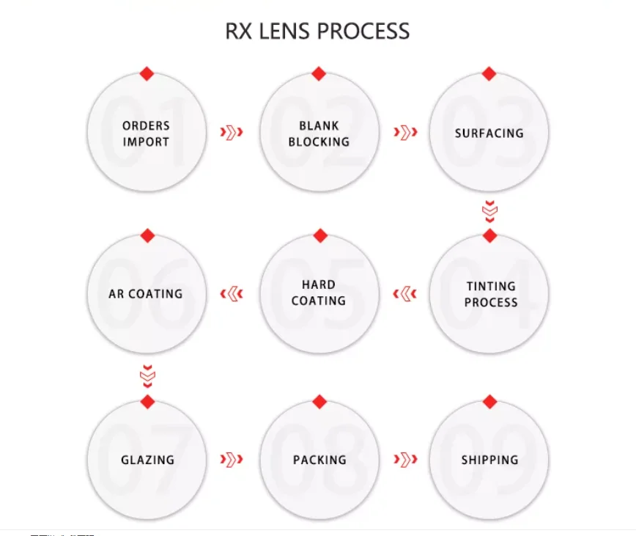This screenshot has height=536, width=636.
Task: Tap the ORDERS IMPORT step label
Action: coord(146,133)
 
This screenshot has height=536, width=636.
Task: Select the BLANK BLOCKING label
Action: coord(319,133)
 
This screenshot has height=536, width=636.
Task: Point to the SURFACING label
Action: coord(489,133)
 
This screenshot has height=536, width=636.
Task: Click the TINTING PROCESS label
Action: coord(491,294)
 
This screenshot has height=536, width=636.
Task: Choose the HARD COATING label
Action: coord(319,293)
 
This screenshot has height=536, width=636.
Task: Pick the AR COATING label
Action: coord(146,294)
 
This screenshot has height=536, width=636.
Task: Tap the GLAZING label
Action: coord(147,460)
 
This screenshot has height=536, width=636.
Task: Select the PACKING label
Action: coord(319,460)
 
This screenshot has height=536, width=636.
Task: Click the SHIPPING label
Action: coord(489,460)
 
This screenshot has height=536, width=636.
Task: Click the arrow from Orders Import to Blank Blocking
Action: coord(232,133)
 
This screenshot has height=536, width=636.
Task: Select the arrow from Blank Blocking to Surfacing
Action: coord(405,133)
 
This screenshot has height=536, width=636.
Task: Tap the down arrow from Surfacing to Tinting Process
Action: coord(489,211)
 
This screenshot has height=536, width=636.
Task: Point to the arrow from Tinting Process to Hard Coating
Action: coord(404,294)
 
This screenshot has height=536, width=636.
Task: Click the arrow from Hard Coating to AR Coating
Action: coord(232,294)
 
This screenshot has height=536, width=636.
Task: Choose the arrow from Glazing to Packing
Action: coord(232,460)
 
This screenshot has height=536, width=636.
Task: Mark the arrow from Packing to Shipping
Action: coord(405,460)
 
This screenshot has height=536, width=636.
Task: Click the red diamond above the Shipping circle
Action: coord(489,402)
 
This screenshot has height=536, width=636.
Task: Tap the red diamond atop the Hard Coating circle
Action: coord(319,235)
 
